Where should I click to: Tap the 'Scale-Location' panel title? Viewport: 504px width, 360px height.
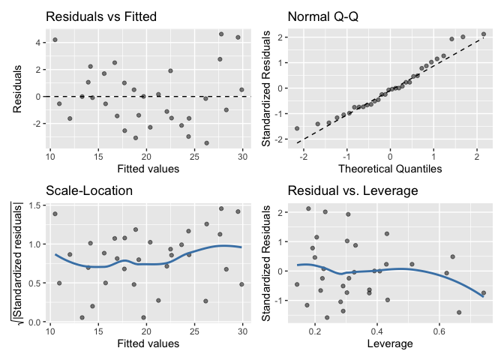coord(89,190)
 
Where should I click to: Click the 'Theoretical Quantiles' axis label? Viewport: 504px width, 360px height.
coord(390,169)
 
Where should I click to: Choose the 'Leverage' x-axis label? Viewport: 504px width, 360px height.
coord(390,343)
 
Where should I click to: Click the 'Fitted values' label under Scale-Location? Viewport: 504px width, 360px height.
coord(146,343)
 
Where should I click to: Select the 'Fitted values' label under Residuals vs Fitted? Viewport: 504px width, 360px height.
coord(146,169)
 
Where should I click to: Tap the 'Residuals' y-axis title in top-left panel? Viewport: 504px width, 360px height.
coord(17,88)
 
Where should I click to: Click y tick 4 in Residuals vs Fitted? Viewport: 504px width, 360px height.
coord(39,43)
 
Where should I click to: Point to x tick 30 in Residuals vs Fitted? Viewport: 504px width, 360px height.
coord(242,156)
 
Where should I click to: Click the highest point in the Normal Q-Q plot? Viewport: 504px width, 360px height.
coord(484,34)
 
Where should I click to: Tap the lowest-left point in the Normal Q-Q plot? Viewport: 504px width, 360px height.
coord(297,128)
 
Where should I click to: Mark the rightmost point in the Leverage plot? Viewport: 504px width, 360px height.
coord(484,293)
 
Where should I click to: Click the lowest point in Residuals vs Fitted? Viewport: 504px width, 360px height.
coord(206,142)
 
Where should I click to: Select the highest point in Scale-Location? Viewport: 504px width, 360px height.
coord(221,208)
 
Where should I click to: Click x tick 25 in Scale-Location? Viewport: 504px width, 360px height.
coord(194,331)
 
